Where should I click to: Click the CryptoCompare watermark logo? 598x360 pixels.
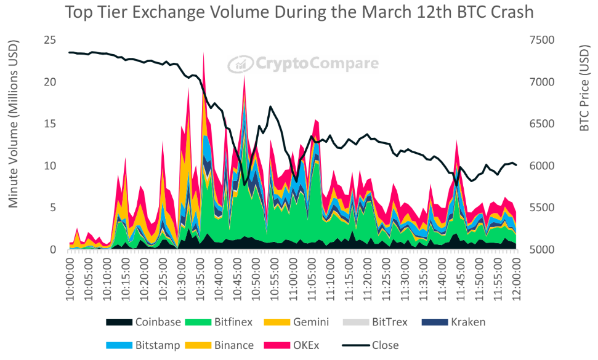[304, 63]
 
